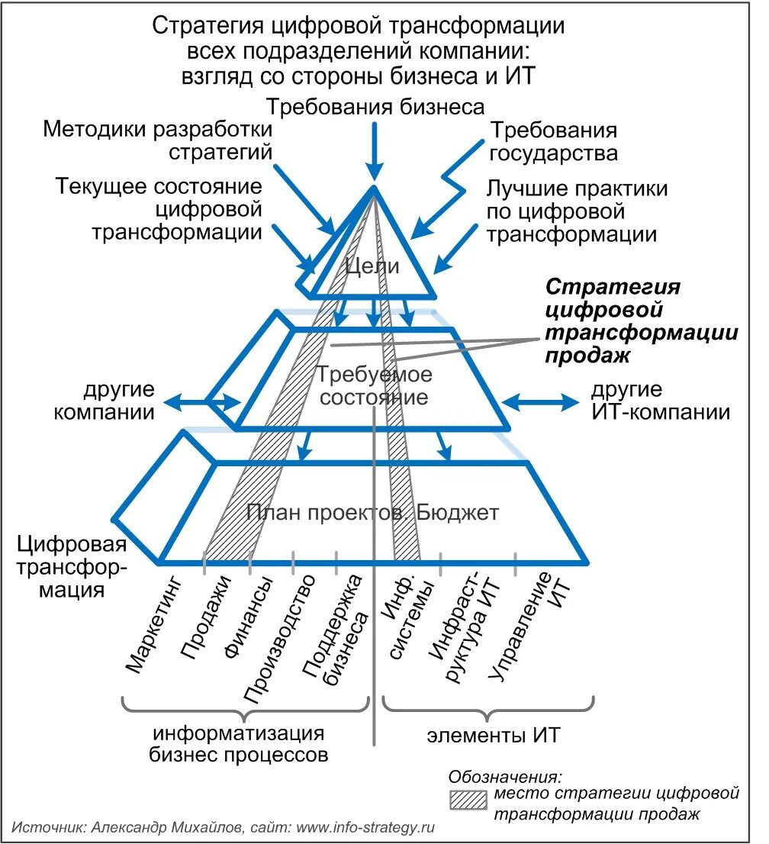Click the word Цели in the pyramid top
pos(373,266)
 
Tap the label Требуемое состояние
pos(374,386)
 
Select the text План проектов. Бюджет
pos(373,512)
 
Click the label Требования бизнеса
pos(375,106)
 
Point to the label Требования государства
pos(553,141)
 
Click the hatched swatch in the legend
pos(468,800)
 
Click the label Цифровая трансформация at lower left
pos(72,568)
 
